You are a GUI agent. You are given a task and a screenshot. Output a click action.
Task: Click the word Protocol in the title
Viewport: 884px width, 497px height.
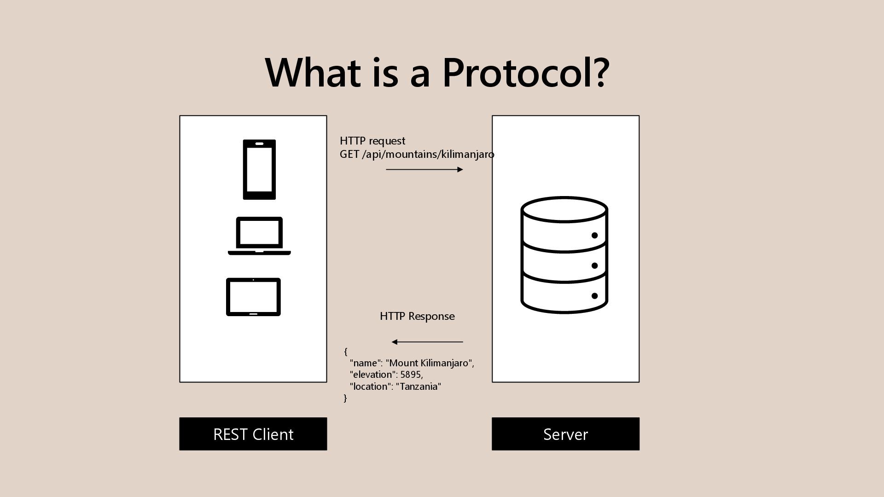526,73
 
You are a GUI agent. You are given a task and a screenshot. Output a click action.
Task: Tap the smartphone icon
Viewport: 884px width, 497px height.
259,169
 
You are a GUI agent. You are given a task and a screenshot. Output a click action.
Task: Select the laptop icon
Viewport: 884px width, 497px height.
259,236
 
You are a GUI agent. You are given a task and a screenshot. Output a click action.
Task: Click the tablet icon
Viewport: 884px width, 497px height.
253,297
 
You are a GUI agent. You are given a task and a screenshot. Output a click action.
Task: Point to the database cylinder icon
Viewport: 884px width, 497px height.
564,255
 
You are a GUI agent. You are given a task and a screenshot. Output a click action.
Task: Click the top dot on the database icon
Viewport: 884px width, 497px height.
594,236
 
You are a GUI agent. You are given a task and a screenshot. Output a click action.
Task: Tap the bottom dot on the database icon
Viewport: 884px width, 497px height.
594,296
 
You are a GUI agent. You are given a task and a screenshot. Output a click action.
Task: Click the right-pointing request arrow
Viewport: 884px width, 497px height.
424,169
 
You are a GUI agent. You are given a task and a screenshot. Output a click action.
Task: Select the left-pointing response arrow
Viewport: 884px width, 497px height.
427,342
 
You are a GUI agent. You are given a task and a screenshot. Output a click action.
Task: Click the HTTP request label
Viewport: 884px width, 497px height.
372,141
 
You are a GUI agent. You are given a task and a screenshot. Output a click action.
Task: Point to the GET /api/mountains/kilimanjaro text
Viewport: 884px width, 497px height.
417,155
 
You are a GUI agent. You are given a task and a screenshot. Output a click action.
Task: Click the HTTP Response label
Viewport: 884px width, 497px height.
417,316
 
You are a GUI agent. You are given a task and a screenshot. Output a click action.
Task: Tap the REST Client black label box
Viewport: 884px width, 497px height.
253,434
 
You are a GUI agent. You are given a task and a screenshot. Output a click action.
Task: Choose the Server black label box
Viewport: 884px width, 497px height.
565,434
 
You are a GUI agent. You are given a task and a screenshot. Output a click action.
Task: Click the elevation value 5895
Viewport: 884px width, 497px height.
411,375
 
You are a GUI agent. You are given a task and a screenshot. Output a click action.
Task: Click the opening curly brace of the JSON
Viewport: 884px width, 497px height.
346,352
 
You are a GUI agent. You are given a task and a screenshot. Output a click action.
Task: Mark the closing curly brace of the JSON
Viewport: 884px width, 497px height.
345,398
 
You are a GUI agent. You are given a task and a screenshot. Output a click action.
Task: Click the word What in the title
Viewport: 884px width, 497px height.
313,73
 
